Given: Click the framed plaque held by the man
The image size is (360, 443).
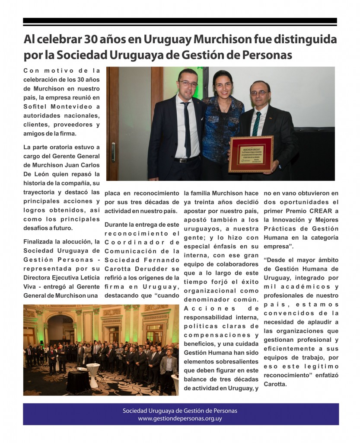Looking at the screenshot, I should pyautogui.click(x=251, y=154).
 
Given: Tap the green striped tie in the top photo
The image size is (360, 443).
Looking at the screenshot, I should pyautogui.click(x=257, y=124).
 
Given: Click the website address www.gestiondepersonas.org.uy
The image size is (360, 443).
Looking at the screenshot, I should pyautogui.click(x=180, y=419).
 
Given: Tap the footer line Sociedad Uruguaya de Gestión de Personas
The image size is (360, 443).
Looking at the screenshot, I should pyautogui.click(x=180, y=411).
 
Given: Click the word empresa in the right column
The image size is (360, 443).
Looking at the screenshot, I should pyautogui.click(x=279, y=247).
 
